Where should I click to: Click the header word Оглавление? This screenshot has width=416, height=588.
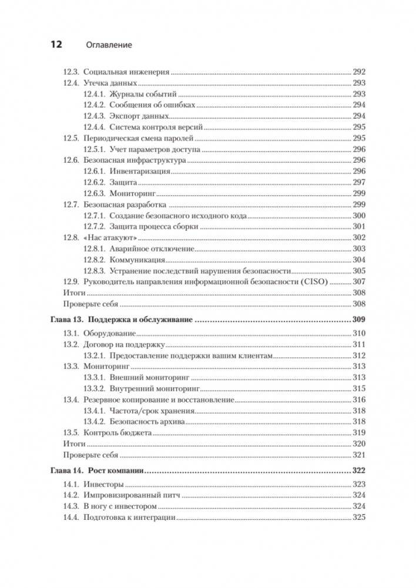[x=109, y=45]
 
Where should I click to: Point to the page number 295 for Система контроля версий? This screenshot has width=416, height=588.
[x=359, y=127]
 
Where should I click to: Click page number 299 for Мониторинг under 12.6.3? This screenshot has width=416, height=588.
[x=359, y=193]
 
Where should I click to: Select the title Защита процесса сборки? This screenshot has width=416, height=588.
[x=153, y=227]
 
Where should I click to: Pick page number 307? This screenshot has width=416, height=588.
[x=359, y=282]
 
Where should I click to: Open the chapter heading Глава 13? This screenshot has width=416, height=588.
[x=63, y=321]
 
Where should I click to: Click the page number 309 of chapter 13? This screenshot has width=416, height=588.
[x=358, y=321]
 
